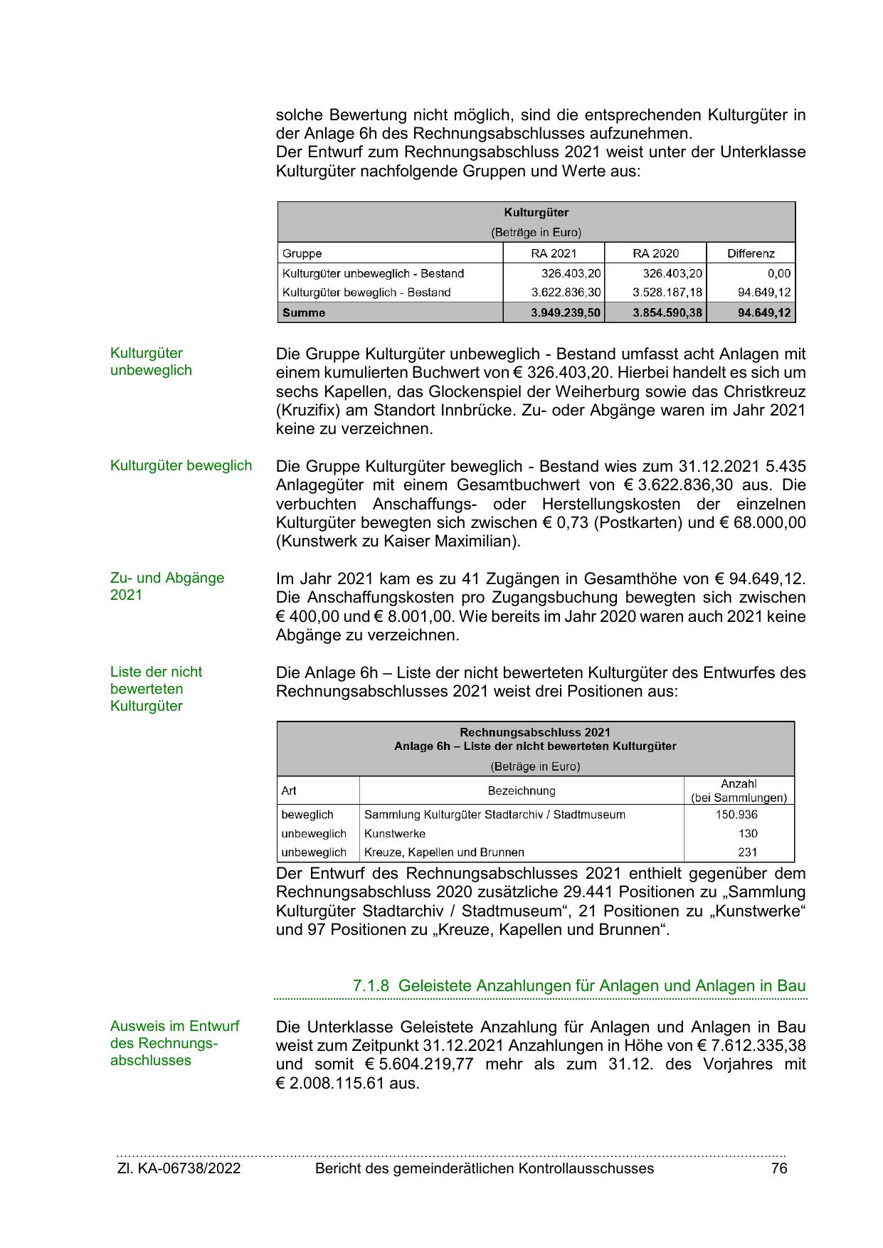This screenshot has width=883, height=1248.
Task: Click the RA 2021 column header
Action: (x=554, y=253)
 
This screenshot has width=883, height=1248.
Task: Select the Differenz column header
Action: (x=751, y=253)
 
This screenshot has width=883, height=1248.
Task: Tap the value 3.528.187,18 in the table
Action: (x=667, y=292)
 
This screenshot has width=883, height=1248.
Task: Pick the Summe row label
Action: (x=304, y=312)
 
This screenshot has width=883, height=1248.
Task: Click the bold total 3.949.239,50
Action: (x=566, y=312)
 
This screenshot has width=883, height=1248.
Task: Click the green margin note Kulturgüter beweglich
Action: (x=181, y=465)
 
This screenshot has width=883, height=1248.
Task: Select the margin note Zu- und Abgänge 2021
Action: (x=166, y=586)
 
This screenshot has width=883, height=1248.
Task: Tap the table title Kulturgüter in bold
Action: (x=536, y=212)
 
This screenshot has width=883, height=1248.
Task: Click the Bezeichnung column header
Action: (x=521, y=790)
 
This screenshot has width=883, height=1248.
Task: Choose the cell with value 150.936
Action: (x=736, y=815)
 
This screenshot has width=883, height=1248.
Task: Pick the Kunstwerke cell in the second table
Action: (x=395, y=833)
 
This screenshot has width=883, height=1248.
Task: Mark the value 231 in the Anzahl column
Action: (x=748, y=852)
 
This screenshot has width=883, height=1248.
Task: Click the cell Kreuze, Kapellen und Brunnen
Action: (x=444, y=852)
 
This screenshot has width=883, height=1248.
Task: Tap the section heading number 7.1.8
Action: (x=371, y=985)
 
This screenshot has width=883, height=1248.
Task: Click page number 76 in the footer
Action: (x=779, y=1168)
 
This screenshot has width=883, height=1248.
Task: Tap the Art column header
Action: (x=289, y=790)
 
